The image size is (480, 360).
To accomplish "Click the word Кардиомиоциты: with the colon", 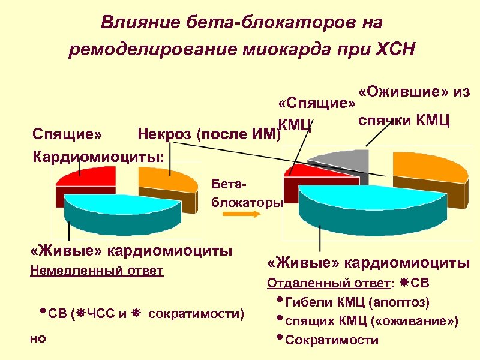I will pos(97,154).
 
